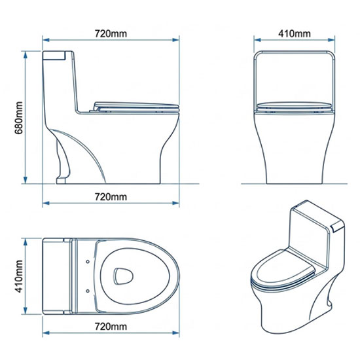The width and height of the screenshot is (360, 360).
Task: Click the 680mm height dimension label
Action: click(19, 118)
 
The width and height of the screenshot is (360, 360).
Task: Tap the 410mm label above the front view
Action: click(295, 33)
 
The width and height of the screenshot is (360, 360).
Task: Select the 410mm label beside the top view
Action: click(19, 276)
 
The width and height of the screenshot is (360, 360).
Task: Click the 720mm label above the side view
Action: click(111, 33)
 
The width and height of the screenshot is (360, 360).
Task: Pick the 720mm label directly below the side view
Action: click(111, 197)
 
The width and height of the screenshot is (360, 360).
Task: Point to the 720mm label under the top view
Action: click(111, 326)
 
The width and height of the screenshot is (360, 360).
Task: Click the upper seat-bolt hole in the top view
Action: click(88, 262)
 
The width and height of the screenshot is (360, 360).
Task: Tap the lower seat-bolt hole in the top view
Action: click(88, 291)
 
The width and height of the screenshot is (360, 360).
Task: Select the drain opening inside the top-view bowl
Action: click(123, 276)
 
